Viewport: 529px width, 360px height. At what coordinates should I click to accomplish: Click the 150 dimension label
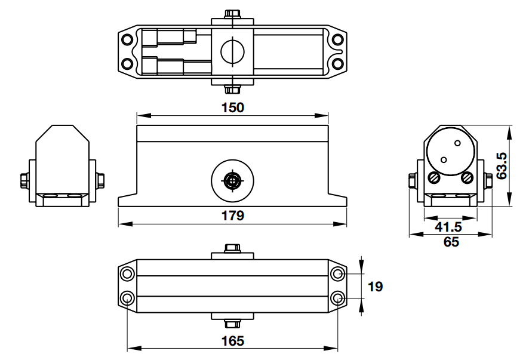(233, 107)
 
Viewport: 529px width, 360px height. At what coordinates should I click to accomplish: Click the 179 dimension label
(233, 216)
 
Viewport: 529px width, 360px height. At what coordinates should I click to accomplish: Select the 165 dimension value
(233, 340)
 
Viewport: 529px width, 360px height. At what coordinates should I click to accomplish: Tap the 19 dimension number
(376, 287)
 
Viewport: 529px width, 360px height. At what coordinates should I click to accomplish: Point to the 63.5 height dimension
(502, 166)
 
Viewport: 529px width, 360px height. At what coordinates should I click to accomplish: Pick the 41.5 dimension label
(448, 227)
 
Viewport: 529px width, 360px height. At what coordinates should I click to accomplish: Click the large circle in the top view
(233, 52)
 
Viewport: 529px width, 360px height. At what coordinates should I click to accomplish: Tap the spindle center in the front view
(233, 180)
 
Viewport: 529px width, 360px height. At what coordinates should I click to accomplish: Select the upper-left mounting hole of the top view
(127, 40)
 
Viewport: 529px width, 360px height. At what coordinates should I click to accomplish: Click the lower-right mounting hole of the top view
(338, 63)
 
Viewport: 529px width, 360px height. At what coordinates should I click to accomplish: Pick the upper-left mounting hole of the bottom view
(127, 275)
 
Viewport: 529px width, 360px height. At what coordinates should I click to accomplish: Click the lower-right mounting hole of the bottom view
(338, 298)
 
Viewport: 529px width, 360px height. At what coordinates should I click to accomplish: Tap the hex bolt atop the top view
(233, 14)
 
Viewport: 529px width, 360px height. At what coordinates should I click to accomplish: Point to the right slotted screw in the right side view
(467, 177)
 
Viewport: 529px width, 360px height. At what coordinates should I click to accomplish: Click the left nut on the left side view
(24, 179)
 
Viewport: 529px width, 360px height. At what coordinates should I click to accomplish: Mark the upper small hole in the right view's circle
(458, 143)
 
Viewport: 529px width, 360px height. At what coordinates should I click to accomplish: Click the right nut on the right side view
(488, 179)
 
